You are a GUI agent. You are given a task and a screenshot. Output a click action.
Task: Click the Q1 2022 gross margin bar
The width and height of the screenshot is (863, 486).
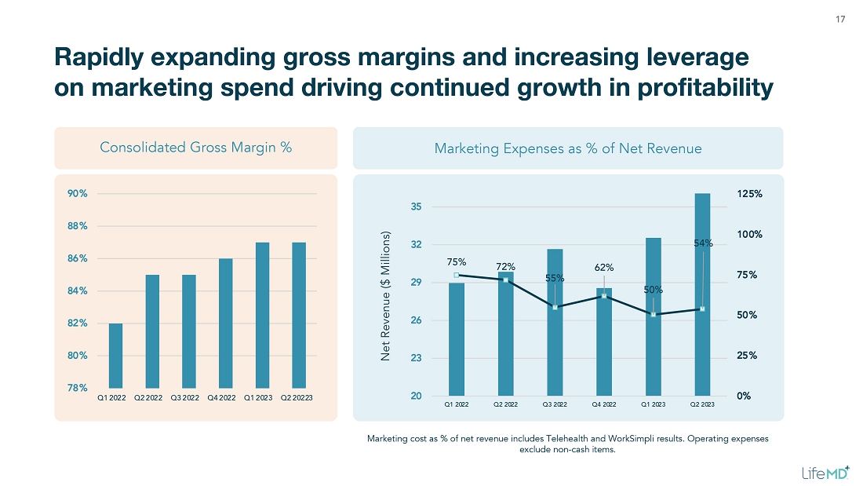[115, 356]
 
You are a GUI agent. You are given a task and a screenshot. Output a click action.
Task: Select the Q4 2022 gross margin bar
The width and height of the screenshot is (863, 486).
[225, 323]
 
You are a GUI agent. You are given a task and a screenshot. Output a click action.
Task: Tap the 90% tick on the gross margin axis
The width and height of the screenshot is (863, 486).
[76, 193]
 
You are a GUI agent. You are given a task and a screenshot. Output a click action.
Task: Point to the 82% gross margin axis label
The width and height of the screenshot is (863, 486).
[76, 323]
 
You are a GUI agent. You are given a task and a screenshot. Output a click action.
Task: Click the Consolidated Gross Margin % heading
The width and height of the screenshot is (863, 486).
[196, 148]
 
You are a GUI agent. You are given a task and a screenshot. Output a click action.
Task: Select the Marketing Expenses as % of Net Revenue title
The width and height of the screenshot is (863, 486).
[568, 148]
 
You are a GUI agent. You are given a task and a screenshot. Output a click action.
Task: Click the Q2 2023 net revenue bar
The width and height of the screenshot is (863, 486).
[702, 294]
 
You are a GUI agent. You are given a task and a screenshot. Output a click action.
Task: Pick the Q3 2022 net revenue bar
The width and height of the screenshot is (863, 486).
[555, 322]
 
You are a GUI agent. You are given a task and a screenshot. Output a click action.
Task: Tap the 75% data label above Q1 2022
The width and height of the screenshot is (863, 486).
[457, 261]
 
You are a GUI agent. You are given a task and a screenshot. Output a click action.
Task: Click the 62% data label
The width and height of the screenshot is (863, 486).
[604, 268]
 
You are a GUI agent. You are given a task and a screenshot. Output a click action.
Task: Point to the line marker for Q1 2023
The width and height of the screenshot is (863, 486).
[654, 315]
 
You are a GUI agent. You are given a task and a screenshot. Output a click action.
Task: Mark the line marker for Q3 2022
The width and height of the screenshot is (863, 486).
[555, 307]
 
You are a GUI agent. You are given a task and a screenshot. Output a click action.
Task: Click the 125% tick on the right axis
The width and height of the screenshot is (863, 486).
[749, 194]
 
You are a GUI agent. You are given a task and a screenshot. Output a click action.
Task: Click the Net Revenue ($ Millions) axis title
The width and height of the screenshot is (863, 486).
[386, 297]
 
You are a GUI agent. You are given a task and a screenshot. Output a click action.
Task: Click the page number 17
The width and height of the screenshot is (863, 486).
[840, 20]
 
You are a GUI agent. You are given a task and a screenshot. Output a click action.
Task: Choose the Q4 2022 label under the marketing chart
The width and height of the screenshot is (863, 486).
[604, 405]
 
